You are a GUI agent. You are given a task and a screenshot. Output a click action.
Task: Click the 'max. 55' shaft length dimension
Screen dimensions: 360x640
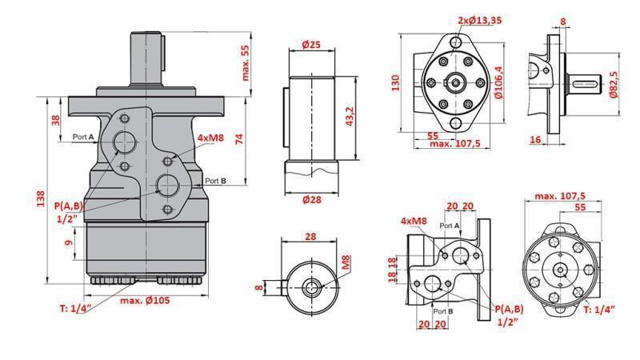[245, 62]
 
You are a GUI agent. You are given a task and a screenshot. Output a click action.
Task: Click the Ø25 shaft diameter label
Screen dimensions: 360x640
[310, 45]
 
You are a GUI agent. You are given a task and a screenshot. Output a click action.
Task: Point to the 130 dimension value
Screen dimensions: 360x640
[395, 82]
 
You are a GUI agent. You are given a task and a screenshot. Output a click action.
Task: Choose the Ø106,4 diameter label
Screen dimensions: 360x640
[498, 82]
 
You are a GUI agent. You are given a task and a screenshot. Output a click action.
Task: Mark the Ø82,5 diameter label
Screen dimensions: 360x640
[614, 84]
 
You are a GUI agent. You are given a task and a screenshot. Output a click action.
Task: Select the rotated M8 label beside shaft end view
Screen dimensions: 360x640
[346, 262]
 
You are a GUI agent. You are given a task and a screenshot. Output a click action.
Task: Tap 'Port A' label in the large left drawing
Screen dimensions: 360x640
[83, 138]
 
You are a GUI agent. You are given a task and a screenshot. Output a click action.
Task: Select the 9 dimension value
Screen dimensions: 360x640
[69, 238]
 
